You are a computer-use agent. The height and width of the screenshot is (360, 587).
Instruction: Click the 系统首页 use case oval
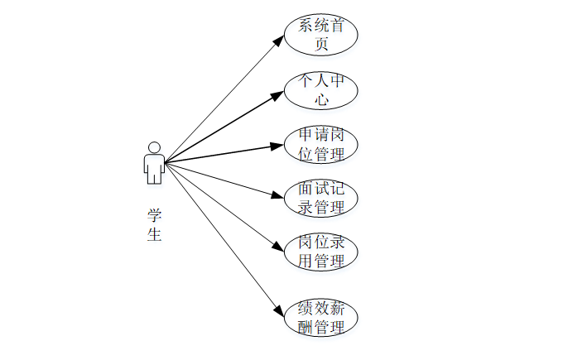click(321, 34)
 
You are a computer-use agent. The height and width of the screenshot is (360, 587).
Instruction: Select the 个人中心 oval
click(321, 90)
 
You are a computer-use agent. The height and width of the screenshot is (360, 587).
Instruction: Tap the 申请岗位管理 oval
click(321, 144)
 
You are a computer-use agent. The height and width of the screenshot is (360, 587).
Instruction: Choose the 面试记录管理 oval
click(321, 198)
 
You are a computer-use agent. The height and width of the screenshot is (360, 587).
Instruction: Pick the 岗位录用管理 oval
click(321, 252)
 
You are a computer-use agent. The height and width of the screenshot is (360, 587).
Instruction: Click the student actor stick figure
click(153, 163)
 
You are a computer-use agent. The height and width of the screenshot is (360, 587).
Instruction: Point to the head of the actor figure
click(153, 147)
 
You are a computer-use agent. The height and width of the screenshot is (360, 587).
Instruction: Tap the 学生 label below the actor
click(154, 224)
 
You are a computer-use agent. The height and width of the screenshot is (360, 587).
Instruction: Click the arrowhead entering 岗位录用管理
click(278, 246)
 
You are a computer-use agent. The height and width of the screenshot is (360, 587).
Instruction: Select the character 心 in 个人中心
click(321, 100)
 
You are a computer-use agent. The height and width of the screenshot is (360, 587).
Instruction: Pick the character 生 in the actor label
click(154, 234)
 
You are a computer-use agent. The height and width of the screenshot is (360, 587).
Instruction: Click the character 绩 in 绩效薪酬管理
click(306, 309)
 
